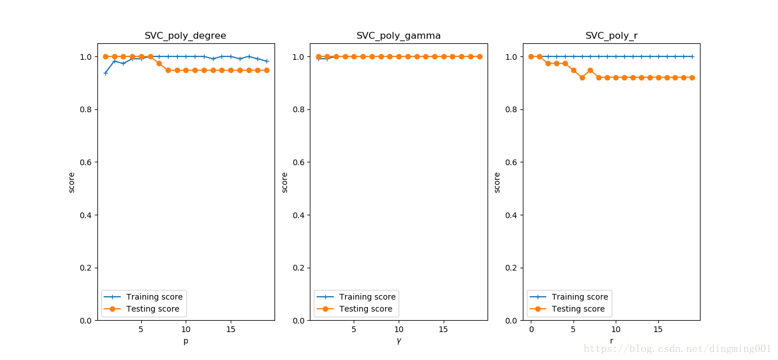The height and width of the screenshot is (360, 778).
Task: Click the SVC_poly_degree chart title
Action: coord(185,36)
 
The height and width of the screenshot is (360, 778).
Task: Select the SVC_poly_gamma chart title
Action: coord(399,36)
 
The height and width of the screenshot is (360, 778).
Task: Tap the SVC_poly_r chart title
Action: coord(611,36)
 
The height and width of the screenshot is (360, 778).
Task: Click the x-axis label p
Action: coord(186,341)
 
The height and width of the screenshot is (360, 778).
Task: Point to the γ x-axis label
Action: coord(399,341)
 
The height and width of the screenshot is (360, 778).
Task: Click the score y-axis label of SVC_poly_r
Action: coord(497,182)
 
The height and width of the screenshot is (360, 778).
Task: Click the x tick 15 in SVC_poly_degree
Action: coord(231,330)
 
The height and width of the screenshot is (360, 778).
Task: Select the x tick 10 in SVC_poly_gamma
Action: coord(399,330)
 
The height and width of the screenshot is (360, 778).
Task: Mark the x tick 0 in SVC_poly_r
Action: coord(531,330)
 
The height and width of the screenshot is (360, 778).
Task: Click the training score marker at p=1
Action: coord(105,73)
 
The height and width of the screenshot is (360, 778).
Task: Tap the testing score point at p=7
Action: coord(159,63)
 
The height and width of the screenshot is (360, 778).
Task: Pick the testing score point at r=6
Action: coord(582,77)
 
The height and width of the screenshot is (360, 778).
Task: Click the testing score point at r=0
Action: coord(531,56)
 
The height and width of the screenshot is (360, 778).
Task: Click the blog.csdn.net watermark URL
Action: coord(677,349)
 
